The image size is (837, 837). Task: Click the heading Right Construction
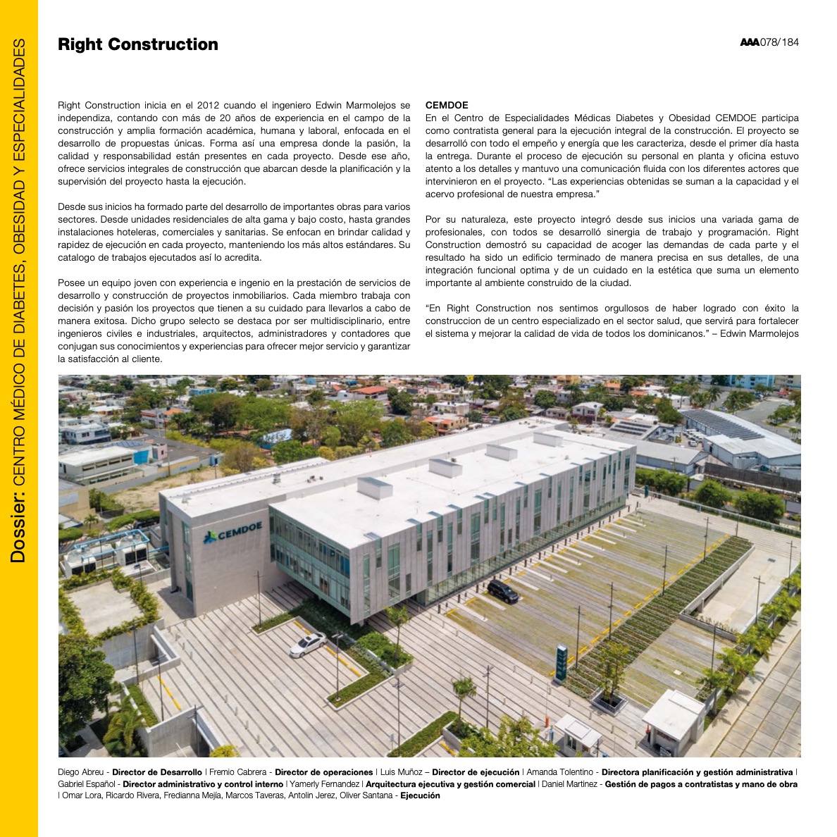coord(138,44)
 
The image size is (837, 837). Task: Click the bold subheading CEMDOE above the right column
coord(447,105)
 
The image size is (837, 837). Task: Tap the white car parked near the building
coord(308,644)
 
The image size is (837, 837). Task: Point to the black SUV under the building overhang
coord(503,590)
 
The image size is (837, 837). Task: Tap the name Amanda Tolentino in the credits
coord(559,772)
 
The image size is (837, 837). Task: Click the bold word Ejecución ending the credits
coord(420,795)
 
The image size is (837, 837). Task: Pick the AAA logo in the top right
coord(749,43)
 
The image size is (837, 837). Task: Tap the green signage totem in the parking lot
coord(561,663)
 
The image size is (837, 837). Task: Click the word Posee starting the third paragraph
coord(70,283)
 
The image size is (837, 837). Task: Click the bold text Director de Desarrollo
coord(156,772)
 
